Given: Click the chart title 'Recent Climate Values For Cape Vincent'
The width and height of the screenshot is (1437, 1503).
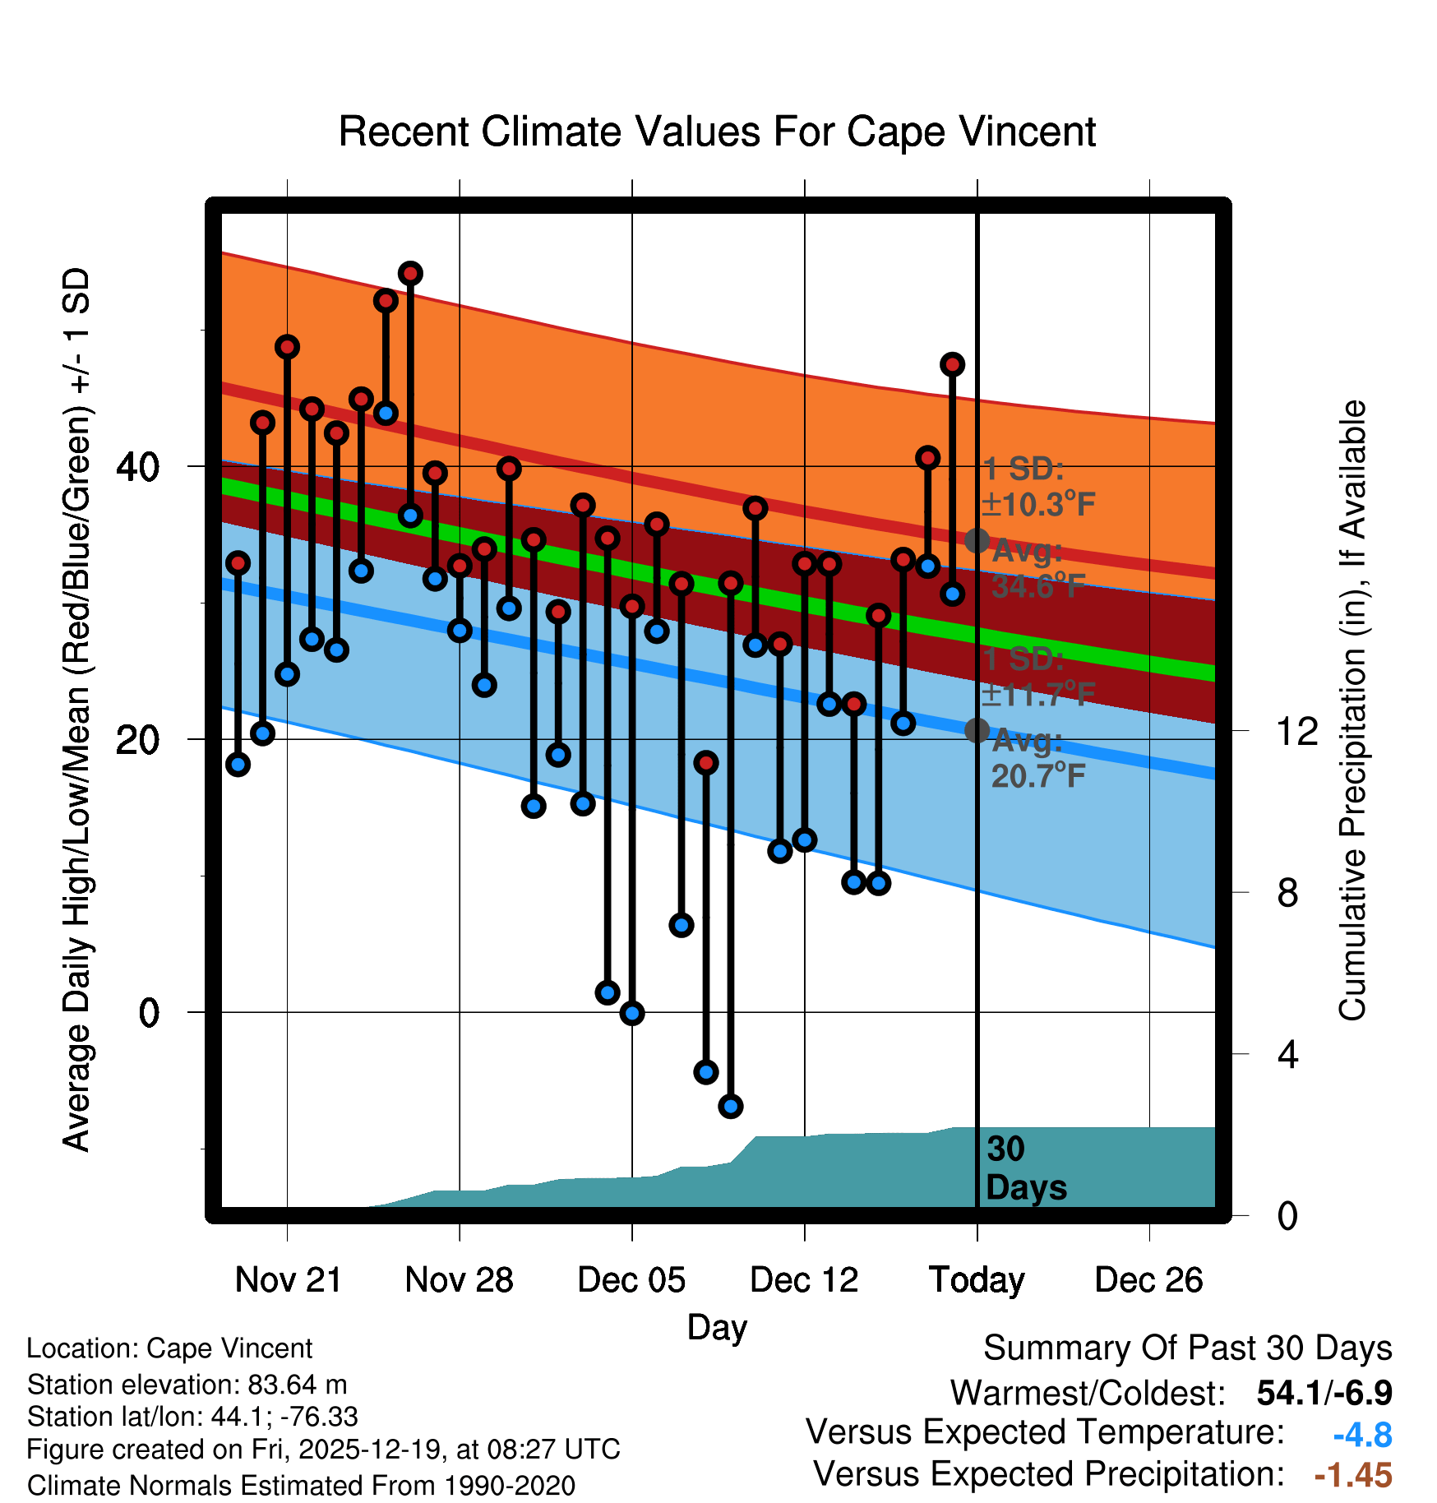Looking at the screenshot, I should [717, 132].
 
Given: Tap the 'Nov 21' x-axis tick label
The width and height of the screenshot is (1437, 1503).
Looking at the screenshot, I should [288, 1279].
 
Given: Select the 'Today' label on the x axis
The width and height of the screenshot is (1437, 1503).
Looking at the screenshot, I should [977, 1279].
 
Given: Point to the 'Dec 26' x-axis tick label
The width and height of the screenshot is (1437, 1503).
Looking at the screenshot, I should [1148, 1279].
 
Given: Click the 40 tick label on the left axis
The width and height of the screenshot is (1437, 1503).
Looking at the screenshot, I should [138, 467].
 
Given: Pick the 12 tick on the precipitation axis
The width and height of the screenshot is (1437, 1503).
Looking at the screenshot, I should [1296, 730].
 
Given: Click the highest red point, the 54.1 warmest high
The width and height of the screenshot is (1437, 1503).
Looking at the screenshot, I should [410, 273].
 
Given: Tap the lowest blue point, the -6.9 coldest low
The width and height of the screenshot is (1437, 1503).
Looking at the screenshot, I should [731, 1106].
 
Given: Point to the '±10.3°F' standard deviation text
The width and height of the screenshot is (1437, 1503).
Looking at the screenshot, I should [1039, 504].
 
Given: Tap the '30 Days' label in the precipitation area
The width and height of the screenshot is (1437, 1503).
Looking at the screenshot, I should [1025, 1168].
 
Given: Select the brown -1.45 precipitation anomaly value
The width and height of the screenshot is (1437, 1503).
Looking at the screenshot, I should [1353, 1475].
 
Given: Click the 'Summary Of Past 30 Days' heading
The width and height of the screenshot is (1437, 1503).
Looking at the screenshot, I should [1187, 1349].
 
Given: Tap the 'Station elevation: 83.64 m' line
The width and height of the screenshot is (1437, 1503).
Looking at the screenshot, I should [187, 1385].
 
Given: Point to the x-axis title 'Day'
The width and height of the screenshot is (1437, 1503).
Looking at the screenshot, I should [717, 1326].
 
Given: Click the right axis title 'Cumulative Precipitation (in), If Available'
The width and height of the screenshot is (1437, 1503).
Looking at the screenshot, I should [1352, 710].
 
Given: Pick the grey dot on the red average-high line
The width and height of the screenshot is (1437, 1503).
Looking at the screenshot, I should [977, 540].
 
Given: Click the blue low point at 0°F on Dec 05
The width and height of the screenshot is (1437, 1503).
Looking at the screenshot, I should [632, 1013].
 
